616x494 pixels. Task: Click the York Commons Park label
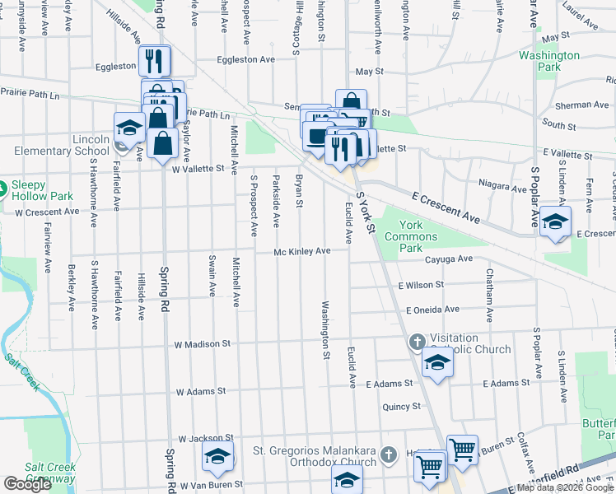422,235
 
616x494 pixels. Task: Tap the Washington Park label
549,63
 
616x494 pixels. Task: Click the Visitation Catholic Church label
470,343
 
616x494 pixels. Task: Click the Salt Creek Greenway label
49,473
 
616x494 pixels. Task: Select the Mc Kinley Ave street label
302,251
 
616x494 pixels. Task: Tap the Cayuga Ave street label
449,259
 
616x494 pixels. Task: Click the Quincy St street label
402,406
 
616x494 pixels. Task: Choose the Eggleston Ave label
245,59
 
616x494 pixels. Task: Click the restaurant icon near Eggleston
154,60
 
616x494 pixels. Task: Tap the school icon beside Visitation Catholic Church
437,361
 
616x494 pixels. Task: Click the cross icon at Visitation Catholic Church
418,341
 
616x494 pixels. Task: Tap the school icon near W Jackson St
217,455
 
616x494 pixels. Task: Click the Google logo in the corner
28,484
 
